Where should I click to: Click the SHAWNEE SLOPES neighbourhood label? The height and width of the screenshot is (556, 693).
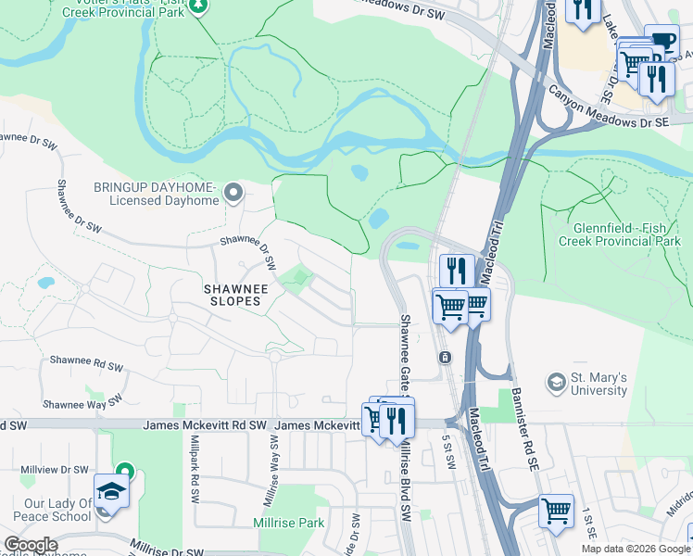pyautogui.click(x=235, y=296)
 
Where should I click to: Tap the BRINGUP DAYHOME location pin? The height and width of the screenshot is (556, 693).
pyautogui.click(x=233, y=194)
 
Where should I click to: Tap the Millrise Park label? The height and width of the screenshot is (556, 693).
pyautogui.click(x=288, y=523)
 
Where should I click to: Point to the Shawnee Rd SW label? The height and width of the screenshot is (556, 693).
pyautogui.click(x=87, y=361)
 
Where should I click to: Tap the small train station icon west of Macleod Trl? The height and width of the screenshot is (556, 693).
pyautogui.click(x=445, y=358)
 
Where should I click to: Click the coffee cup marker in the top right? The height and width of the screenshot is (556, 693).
pyautogui.click(x=661, y=42)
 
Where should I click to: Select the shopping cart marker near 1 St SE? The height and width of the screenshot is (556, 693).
pyautogui.click(x=556, y=510)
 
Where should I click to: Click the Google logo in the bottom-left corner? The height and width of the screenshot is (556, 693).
pyautogui.click(x=31, y=545)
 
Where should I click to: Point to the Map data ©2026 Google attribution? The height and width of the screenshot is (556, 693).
pyautogui.click(x=636, y=549)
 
